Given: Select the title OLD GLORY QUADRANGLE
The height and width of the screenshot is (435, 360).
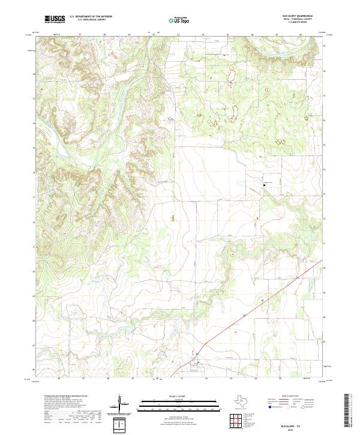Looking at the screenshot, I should (x=296, y=16).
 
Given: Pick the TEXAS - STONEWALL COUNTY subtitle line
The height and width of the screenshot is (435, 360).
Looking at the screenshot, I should (x=296, y=20).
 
